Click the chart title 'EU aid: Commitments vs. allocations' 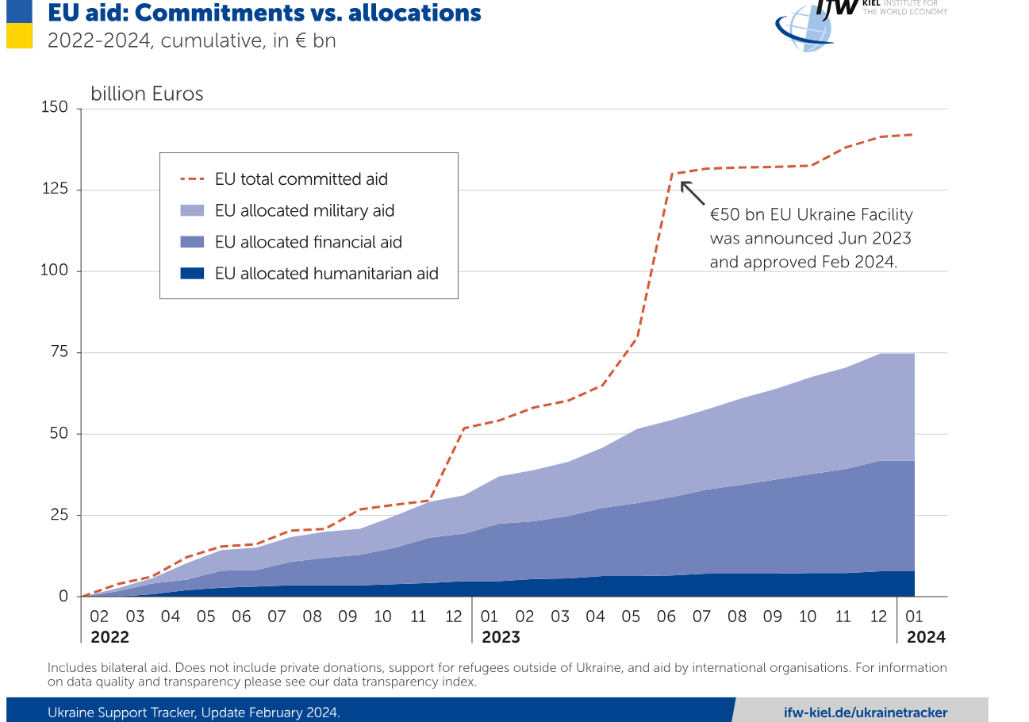(x=264, y=13)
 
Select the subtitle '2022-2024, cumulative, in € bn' (x=191, y=40)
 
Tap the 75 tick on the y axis (x=60, y=352)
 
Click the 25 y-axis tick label (x=60, y=515)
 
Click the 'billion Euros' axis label (x=147, y=94)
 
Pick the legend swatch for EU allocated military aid (x=193, y=210)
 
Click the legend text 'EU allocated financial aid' (x=309, y=242)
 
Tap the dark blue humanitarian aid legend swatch (x=193, y=273)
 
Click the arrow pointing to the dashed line (x=692, y=192)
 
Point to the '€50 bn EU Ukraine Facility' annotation (x=811, y=214)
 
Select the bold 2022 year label (x=109, y=636)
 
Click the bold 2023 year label (x=501, y=636)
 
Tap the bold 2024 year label (x=926, y=636)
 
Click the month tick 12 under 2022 (x=454, y=616)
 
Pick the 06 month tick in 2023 (x=666, y=616)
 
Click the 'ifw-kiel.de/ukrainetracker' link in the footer (x=865, y=712)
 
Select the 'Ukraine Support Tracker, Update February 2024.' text (x=194, y=712)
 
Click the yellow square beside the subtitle (x=19, y=36)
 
